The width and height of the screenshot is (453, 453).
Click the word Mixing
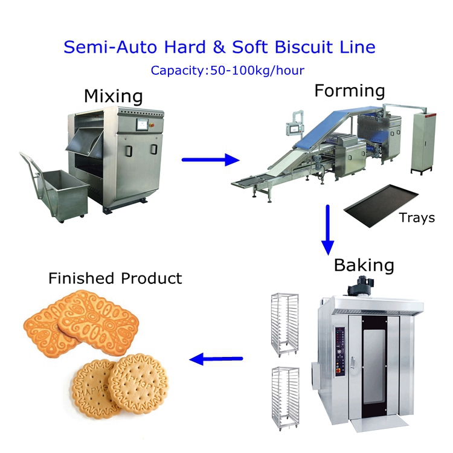[113, 96]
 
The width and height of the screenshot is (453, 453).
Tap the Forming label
[349, 91]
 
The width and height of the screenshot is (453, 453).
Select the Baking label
[364, 265]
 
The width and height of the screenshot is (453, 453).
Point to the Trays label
[417, 217]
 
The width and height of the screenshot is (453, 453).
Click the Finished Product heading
[115, 278]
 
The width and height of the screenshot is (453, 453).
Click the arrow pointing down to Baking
[327, 230]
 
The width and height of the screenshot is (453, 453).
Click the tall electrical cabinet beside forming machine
[421, 142]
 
